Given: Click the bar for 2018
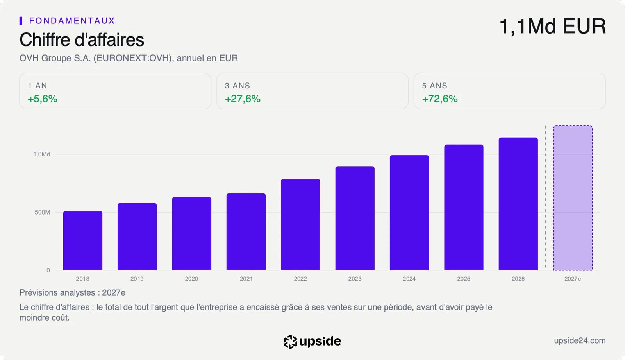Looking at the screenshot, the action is (82, 240).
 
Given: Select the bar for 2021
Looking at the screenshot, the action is (246, 232).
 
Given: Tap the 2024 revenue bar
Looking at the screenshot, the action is (409, 213).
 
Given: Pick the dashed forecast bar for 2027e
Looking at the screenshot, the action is (573, 198).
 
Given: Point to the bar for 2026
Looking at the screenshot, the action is (518, 204).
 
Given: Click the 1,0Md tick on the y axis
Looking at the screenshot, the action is (42, 154).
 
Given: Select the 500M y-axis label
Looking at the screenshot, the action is (43, 212).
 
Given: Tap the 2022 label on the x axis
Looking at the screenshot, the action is (300, 279).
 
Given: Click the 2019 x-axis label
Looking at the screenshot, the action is (137, 279).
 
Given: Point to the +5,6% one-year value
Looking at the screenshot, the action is (43, 99).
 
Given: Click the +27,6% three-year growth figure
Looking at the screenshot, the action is (243, 99).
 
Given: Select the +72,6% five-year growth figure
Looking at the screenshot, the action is (440, 99).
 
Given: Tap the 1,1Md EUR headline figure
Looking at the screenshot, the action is (552, 26).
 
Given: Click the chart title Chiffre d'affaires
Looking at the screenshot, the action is (82, 39).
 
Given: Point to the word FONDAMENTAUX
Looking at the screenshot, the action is (72, 21).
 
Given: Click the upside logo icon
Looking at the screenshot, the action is (290, 342).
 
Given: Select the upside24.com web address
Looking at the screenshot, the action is (580, 340).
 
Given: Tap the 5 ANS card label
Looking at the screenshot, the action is (434, 86).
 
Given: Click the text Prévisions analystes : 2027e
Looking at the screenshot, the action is (72, 292).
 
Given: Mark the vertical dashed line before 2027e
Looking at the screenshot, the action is (545, 198).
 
